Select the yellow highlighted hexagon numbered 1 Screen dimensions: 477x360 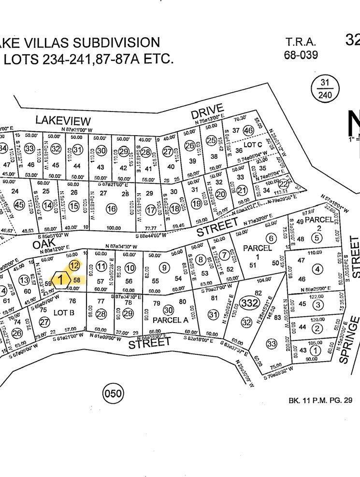tap(60, 279)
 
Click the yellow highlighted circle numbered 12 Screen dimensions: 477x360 tap(74, 265)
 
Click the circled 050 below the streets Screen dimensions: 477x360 tap(114, 393)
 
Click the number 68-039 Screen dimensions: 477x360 tap(301, 55)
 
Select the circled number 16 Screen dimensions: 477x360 tap(112, 209)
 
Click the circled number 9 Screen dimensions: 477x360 tap(165, 268)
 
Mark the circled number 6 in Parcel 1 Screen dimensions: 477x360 tap(271, 238)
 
